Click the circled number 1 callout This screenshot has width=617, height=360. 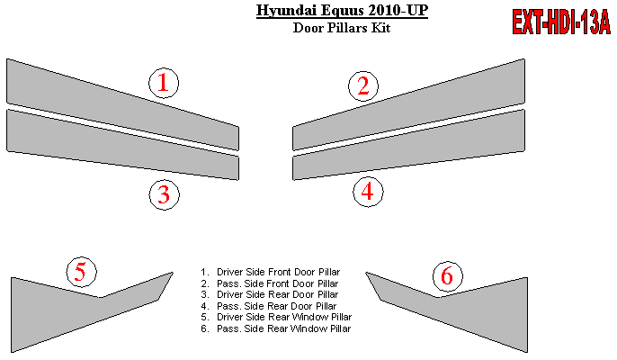tap(164, 83)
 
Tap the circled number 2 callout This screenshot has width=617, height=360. tap(363, 85)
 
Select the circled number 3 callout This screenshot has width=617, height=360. tap(164, 194)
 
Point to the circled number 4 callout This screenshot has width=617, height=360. tap(368, 192)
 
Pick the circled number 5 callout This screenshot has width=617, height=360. tap(82, 272)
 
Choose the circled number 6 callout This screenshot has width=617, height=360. tap(447, 275)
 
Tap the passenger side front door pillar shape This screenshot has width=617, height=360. tap(409, 104)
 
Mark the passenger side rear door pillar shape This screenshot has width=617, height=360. tap(409, 145)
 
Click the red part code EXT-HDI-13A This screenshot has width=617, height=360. tap(561, 22)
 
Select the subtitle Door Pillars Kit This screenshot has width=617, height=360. tap(342, 28)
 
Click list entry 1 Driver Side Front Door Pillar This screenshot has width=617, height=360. tap(271, 272)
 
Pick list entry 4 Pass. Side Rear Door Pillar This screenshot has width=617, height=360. tap(269, 306)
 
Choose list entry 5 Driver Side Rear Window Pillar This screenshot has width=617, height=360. tap(276, 317)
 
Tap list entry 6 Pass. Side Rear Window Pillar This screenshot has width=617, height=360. tap(275, 328)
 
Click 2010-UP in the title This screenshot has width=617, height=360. tap(398, 10)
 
